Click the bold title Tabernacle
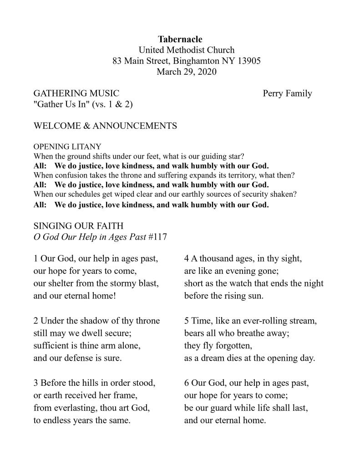180,39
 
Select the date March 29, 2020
180,72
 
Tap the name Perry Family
287,93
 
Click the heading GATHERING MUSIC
76,93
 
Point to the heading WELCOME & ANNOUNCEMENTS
105,126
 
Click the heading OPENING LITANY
67,147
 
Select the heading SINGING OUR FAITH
78,226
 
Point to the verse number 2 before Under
36,321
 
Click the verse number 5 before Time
187,321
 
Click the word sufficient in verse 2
52,346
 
